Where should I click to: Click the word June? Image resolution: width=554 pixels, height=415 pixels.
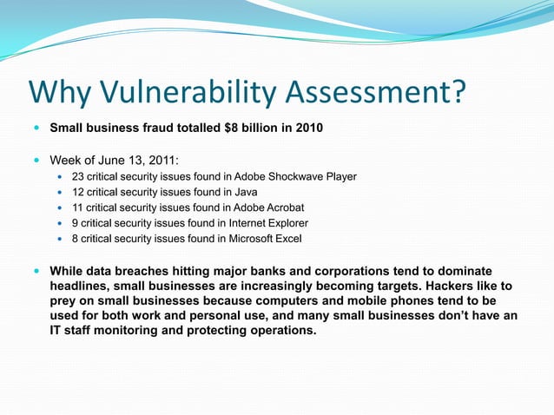(x=105, y=160)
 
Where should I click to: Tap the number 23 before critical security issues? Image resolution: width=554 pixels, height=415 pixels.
(x=78, y=176)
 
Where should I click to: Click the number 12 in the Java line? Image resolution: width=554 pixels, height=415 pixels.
(x=78, y=192)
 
